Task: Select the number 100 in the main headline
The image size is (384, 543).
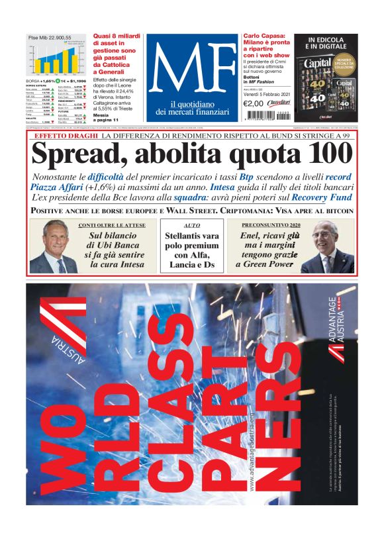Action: point(330,154)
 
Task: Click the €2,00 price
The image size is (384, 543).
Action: point(254,103)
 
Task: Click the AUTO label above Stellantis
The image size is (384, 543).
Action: point(192,226)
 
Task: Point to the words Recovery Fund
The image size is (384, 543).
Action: point(320,197)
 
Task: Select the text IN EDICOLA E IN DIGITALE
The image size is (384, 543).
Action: point(326,44)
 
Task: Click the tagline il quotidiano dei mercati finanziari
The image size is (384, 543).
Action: point(191,107)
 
